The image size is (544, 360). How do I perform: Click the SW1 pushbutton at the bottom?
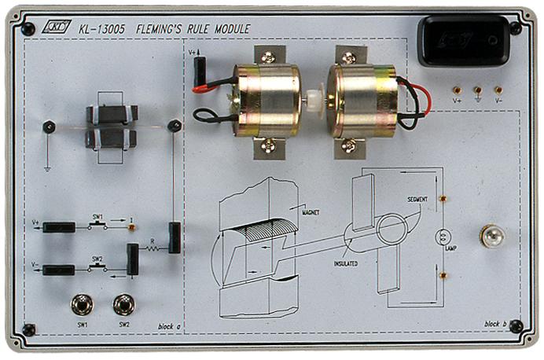[79, 303]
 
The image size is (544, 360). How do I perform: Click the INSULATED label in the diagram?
[345, 263]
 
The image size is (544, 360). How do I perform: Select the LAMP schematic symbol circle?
[441, 236]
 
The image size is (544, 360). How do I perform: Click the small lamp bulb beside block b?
[492, 234]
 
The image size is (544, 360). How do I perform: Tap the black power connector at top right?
[464, 40]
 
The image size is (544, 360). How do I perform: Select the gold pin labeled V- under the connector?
[498, 90]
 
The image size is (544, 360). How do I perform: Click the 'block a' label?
[168, 325]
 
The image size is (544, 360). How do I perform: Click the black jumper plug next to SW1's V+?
[59, 227]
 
